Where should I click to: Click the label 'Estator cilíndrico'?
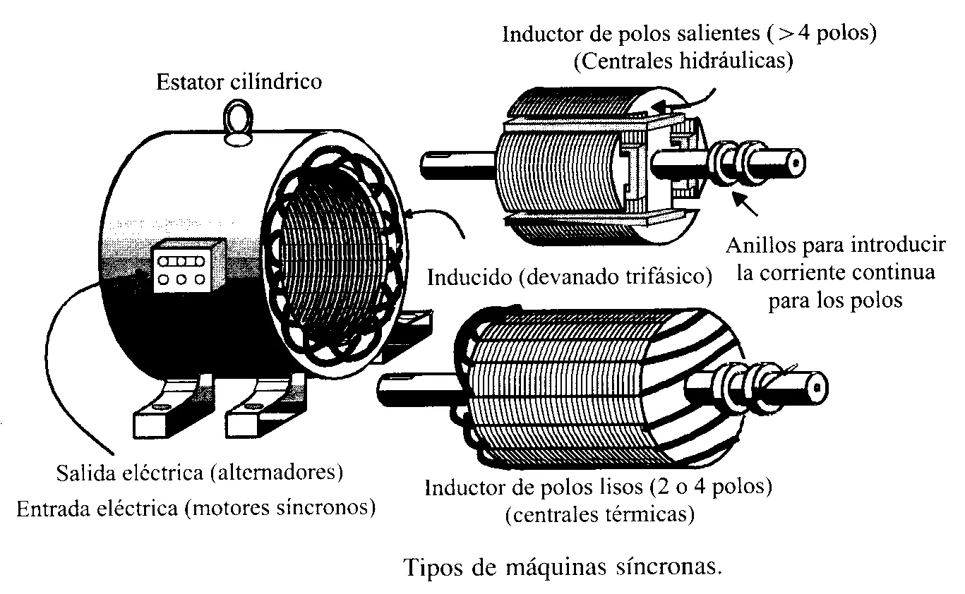coord(239,82)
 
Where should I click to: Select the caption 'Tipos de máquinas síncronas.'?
coord(563,566)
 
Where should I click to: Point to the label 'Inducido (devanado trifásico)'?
coord(569,276)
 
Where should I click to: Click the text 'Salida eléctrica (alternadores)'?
coord(200,472)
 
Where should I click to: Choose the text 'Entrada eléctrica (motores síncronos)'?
coord(196,507)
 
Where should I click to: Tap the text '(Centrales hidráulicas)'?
coord(683,61)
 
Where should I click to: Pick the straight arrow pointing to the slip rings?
coord(750,204)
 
